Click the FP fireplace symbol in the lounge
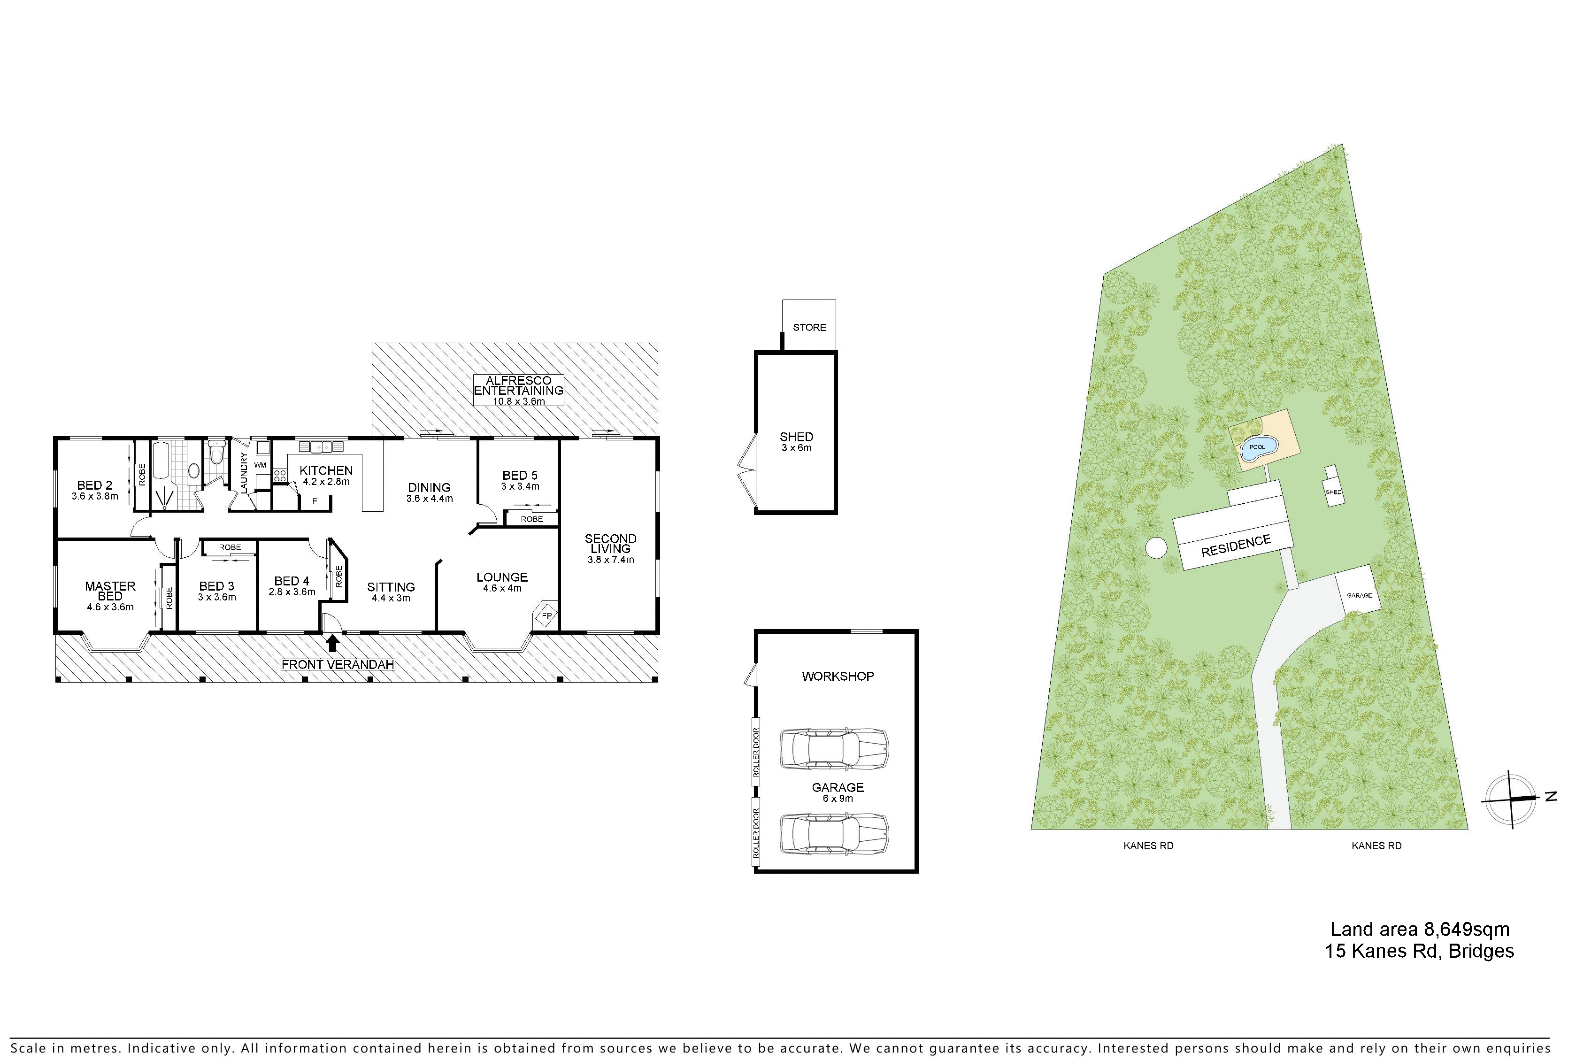point(546,616)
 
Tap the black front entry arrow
point(332,642)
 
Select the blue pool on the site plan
point(1258,448)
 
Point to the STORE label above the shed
point(809,328)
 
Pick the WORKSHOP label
point(838,676)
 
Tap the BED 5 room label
point(520,476)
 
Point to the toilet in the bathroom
point(216,452)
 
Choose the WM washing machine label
point(260,465)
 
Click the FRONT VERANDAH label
point(338,664)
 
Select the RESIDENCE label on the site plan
point(1236,546)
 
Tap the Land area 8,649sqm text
point(1420,930)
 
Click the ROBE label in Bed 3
point(230,547)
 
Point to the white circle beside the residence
point(1156,547)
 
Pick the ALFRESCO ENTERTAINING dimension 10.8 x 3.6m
point(518,401)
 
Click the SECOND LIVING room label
point(610,543)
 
